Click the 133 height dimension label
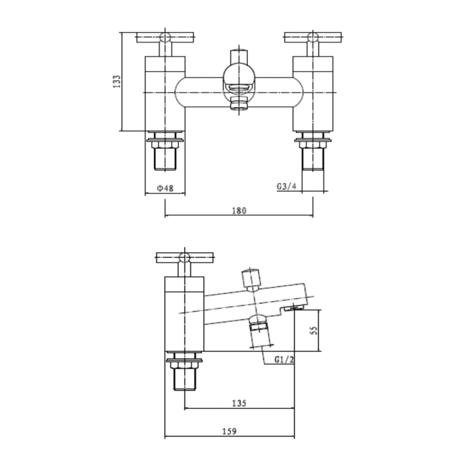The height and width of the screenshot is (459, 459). pos(116,82)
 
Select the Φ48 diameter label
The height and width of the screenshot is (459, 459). pos(165,188)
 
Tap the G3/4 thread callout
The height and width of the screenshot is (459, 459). pos(286,186)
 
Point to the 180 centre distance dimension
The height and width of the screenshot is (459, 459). pos(239,211)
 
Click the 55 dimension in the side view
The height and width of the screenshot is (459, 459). pos(314,331)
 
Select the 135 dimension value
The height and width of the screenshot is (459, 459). pos(239,403)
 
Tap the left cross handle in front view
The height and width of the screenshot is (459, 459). pos(165,38)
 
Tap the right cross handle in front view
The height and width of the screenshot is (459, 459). pos(313,38)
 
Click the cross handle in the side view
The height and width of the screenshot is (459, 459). pos(184,258)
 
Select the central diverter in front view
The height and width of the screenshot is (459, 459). pos(238,80)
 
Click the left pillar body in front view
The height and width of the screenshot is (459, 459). pos(165,94)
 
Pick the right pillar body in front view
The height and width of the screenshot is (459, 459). pos(313,94)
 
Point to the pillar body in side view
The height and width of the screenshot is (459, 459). pos(184,314)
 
